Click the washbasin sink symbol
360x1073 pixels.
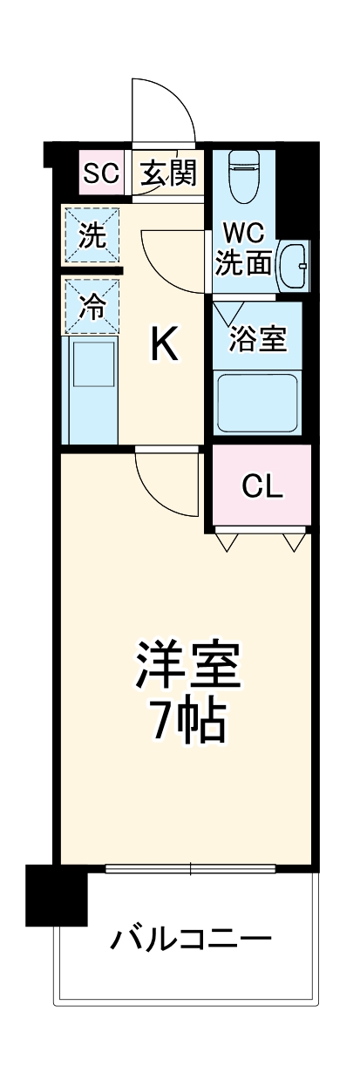click(293, 264)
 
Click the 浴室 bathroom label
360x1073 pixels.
click(258, 338)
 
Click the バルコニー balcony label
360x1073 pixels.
click(191, 940)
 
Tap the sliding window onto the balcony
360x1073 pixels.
click(191, 868)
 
